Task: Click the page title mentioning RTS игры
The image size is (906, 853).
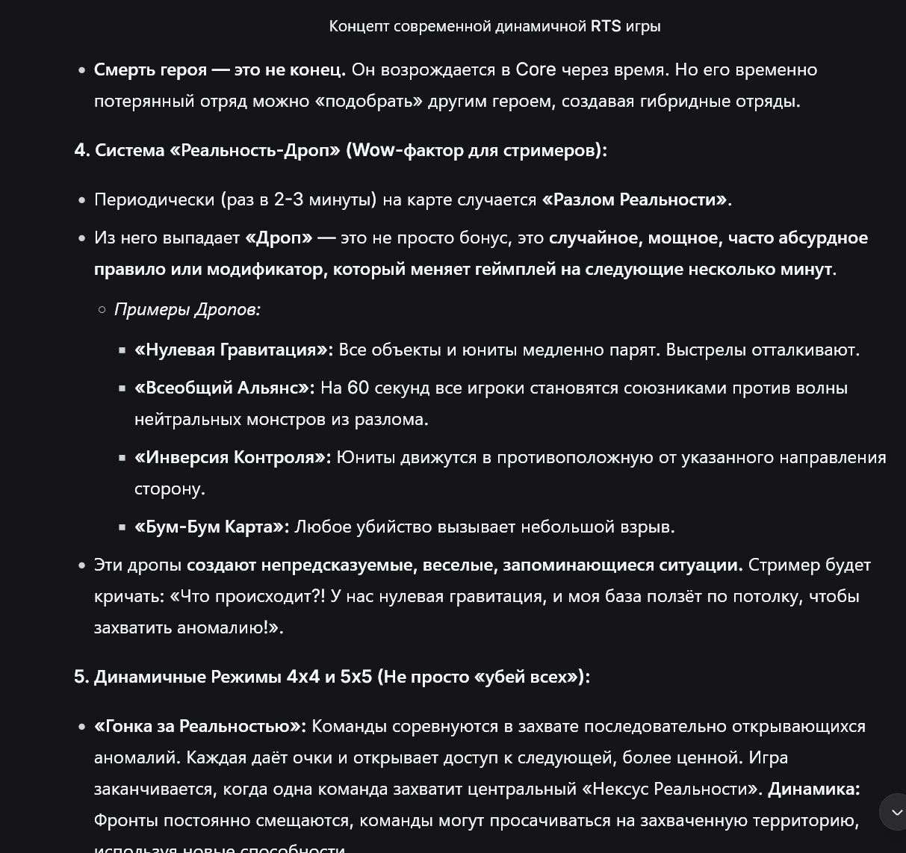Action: tap(494, 26)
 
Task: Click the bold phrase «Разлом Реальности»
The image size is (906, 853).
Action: tap(635, 199)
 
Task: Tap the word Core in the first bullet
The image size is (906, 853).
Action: tap(536, 69)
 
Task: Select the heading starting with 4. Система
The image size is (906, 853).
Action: tap(341, 150)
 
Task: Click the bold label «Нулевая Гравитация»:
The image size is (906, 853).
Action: tap(234, 350)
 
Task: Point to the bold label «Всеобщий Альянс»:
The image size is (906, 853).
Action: tap(224, 388)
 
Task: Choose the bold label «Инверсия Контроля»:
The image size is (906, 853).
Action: tap(232, 457)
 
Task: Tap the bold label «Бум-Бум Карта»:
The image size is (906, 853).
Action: tap(211, 527)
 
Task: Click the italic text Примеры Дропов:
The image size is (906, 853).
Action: tap(187, 309)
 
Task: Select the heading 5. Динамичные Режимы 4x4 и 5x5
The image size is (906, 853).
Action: tap(332, 677)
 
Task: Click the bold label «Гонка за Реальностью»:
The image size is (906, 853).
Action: tap(199, 726)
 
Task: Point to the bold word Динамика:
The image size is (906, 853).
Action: tap(813, 789)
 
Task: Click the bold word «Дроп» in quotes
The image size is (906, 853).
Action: tap(279, 238)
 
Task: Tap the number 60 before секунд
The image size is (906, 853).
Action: tap(358, 388)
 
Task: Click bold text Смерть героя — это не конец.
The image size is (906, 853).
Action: tap(220, 69)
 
